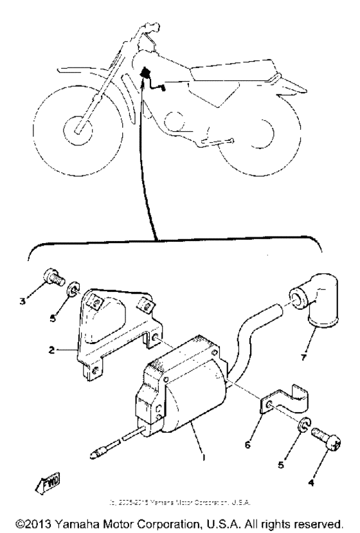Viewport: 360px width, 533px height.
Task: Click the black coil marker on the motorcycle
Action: (145, 73)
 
